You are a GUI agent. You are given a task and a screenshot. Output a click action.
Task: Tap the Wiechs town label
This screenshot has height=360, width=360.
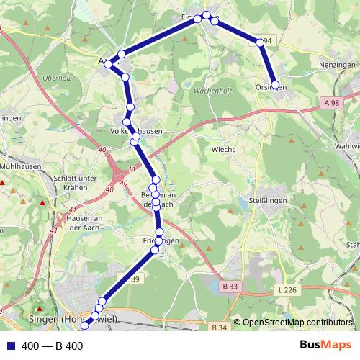point(223,150)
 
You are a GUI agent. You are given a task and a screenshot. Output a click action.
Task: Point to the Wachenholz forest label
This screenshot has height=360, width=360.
point(212,92)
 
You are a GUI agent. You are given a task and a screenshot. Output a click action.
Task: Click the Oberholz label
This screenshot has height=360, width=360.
point(56,78)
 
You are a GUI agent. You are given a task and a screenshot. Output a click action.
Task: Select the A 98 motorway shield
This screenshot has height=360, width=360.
point(332,103)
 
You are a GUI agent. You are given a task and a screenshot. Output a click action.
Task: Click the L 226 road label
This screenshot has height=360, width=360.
point(286,290)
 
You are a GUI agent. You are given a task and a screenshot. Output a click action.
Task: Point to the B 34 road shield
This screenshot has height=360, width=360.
point(221,328)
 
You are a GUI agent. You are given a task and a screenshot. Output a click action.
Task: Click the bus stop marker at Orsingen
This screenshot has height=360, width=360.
point(276,84)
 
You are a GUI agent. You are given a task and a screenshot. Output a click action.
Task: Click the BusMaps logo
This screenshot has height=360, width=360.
point(325,346)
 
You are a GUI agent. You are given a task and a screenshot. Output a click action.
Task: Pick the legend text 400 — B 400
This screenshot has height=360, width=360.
point(53,346)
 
